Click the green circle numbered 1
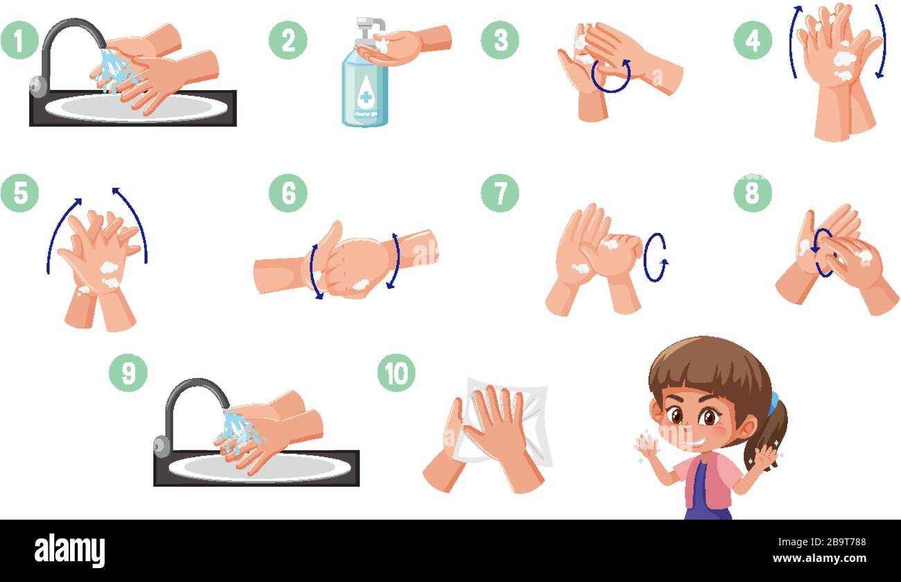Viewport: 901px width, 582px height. [19, 39]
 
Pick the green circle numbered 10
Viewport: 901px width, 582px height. [396, 373]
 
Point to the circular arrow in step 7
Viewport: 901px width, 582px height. [654, 257]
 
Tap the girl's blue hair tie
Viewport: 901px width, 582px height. [772, 403]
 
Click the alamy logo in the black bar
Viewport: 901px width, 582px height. [69, 550]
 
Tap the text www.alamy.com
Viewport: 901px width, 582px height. [819, 558]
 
